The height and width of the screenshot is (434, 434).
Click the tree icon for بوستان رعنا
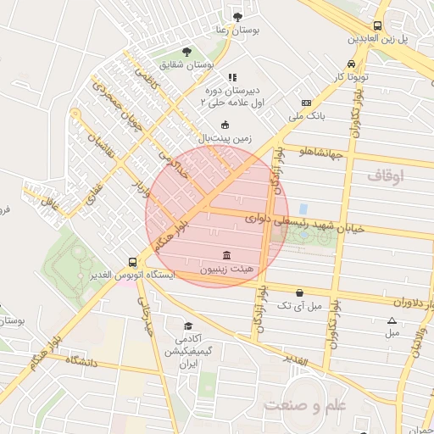click(236, 16)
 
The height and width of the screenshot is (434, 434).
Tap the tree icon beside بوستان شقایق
click(187, 52)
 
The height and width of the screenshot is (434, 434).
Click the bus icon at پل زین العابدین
click(377, 25)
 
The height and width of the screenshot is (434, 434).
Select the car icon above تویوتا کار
click(351, 64)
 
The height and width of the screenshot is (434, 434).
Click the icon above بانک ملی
click(307, 103)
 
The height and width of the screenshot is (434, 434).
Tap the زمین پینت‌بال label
click(222, 136)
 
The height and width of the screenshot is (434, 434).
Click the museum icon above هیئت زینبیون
click(225, 256)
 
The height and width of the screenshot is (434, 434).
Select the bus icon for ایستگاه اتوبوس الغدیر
click(131, 263)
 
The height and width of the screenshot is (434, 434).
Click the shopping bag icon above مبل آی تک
click(299, 292)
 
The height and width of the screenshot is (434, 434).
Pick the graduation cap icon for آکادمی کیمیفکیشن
click(188, 325)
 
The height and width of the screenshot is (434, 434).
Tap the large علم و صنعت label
click(305, 405)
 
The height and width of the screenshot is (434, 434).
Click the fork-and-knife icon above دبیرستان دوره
click(232, 77)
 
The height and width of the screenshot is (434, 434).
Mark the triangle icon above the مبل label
click(392, 320)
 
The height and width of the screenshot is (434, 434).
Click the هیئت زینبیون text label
click(225, 270)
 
